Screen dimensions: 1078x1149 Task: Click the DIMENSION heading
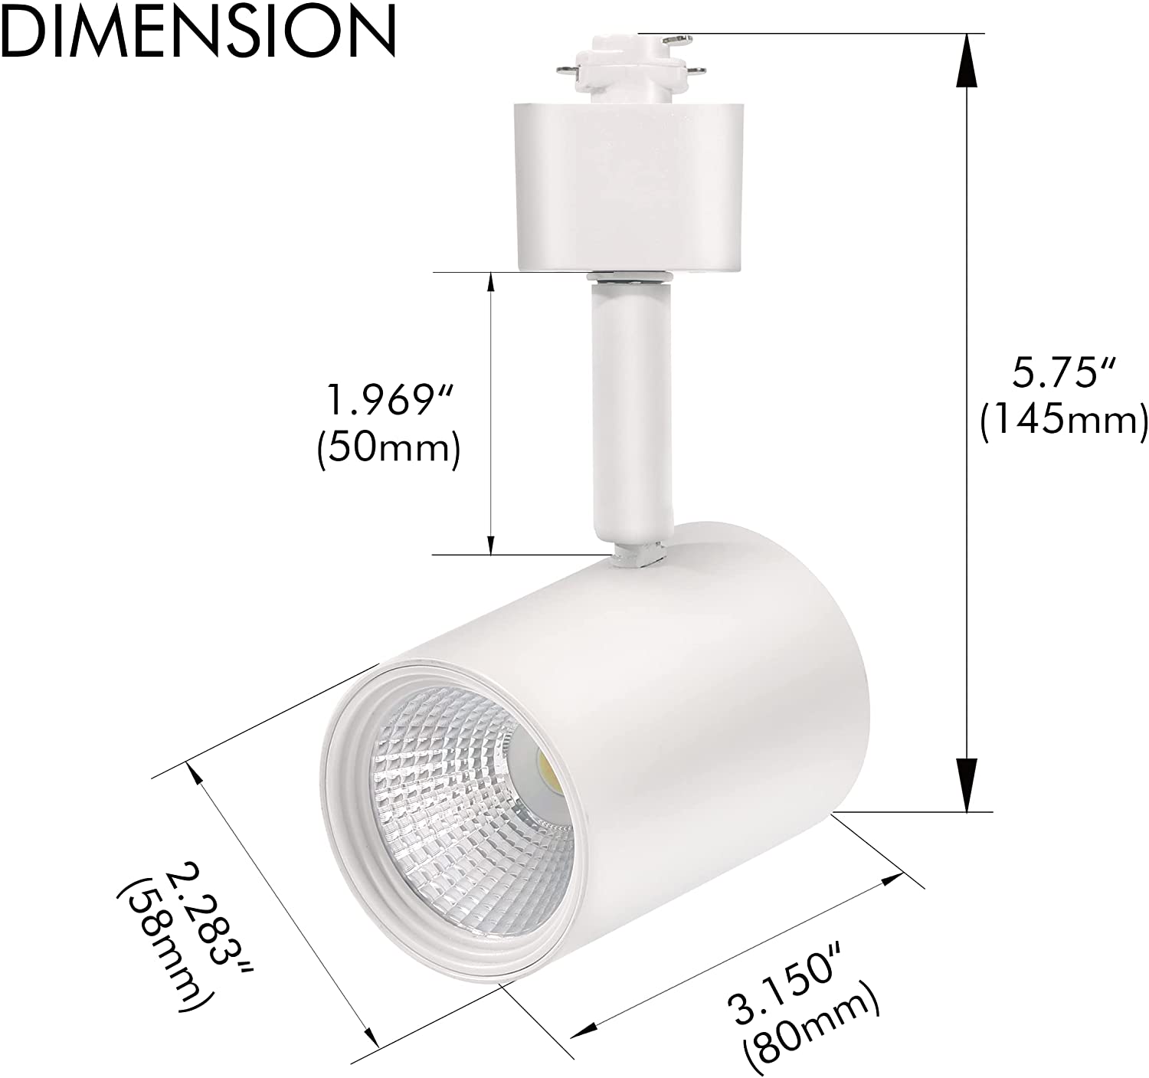click(198, 31)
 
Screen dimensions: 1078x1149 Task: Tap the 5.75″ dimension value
click(1062, 375)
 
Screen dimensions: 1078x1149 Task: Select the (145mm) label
click(1063, 420)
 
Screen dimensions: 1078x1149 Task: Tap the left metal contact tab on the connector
click(565, 71)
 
